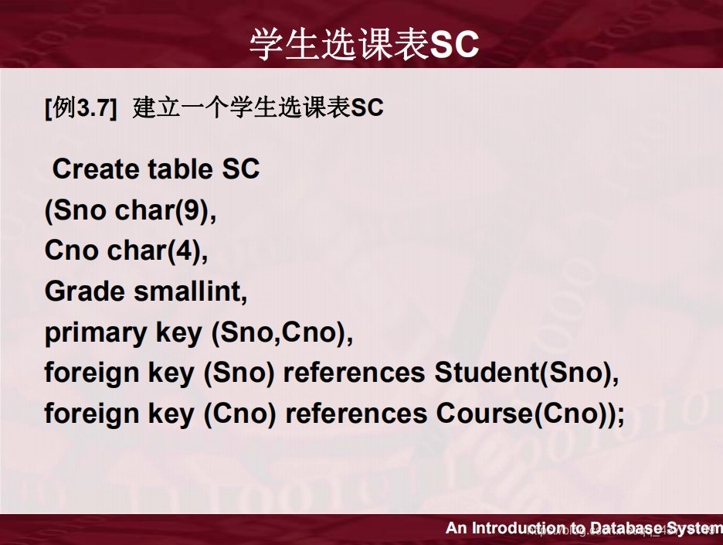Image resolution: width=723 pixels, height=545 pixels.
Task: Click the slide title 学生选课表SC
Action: coord(364,45)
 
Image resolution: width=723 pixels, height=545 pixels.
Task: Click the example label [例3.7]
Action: coord(81,108)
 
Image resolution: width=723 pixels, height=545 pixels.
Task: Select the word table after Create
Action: coord(181,169)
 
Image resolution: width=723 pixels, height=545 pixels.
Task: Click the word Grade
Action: coord(84,291)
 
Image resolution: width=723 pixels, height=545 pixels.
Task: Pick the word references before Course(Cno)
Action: coord(356,414)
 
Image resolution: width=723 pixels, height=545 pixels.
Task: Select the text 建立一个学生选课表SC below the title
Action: coord(258,108)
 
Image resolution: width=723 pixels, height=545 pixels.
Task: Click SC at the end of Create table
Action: coord(241,169)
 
